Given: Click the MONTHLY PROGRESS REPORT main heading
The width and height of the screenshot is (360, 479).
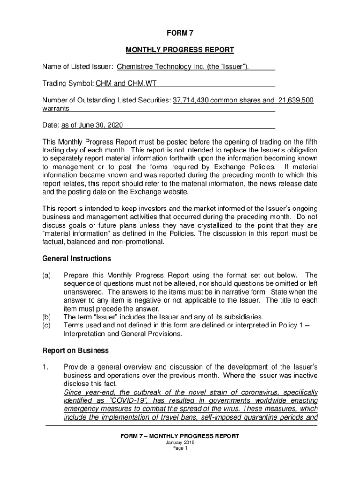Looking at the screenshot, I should click(x=180, y=50).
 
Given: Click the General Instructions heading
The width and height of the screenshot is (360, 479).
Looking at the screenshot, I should click(x=77, y=258).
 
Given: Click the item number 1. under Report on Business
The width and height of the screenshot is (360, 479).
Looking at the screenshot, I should click(x=45, y=367).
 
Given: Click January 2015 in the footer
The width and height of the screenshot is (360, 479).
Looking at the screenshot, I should click(x=180, y=443).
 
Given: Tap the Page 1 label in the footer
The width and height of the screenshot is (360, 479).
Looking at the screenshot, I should click(x=180, y=448).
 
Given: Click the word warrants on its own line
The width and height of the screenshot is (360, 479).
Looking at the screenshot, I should click(x=56, y=109).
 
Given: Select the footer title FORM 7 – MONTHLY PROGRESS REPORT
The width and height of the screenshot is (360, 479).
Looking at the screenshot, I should click(x=180, y=436).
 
